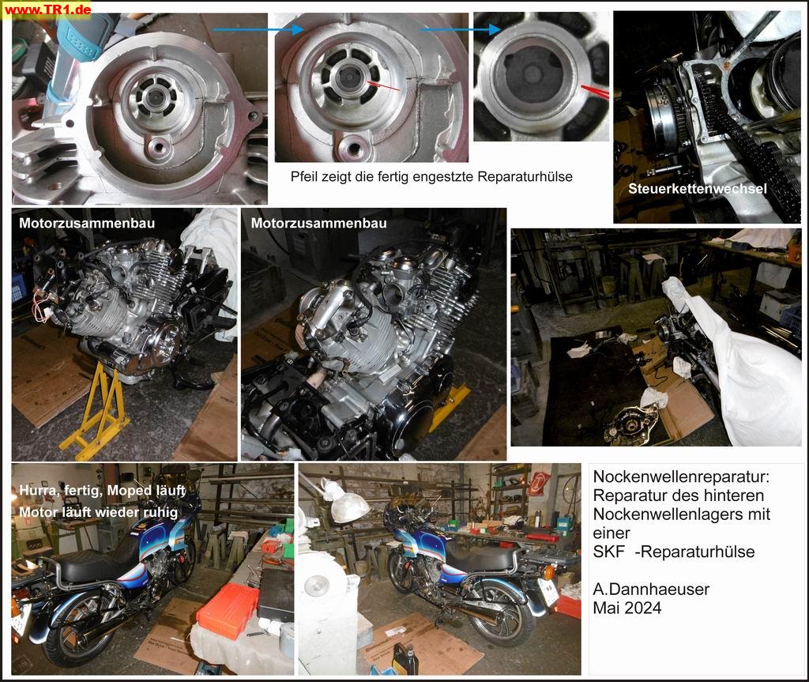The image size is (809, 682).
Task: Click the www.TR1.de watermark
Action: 47,9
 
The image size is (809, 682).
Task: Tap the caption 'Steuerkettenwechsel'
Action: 697,188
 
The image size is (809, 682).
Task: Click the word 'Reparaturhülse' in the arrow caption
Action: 525,176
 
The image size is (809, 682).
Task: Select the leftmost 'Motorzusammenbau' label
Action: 87,223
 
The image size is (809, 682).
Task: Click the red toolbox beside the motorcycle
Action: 227,611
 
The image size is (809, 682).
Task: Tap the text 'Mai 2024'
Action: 627,608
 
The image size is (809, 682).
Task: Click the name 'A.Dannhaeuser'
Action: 651,589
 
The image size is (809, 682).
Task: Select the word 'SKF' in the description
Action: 609,552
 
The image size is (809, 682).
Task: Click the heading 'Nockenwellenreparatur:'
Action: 681,476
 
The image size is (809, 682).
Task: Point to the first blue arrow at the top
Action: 258,29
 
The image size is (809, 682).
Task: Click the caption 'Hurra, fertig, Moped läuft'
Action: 102,490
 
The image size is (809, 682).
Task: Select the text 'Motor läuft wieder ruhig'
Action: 99,512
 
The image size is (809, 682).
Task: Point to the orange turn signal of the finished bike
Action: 549,573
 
